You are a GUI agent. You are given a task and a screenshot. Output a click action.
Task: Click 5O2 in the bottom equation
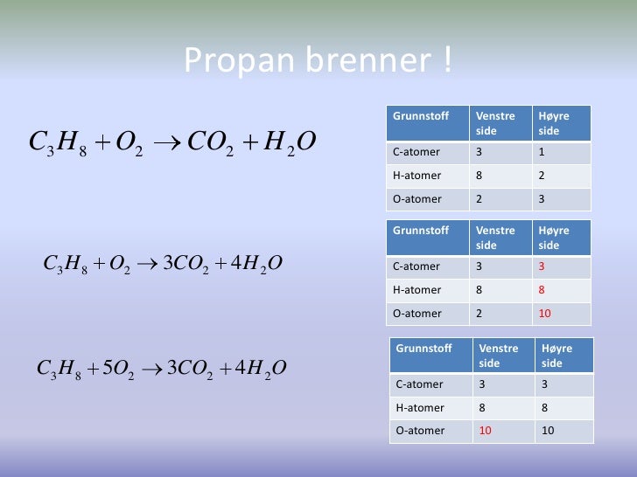(x=117, y=369)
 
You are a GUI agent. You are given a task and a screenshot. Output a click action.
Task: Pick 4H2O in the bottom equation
(x=261, y=369)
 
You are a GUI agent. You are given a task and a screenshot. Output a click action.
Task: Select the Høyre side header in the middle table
(x=553, y=238)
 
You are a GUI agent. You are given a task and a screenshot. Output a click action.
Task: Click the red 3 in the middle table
(x=542, y=266)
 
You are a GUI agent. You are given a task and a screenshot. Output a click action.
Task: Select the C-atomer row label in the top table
(x=416, y=152)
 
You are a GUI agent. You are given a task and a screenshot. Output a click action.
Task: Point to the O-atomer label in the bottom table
(x=420, y=431)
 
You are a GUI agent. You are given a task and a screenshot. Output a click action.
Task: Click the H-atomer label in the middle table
(x=416, y=290)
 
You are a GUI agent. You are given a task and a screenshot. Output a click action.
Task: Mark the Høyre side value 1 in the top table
(x=542, y=152)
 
